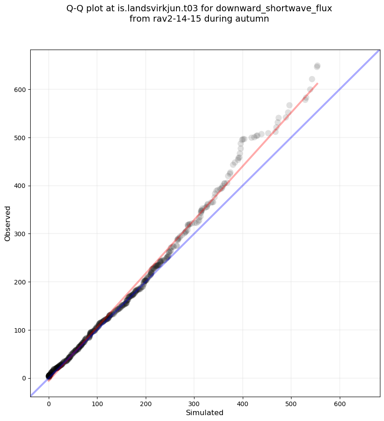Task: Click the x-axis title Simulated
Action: click(204, 412)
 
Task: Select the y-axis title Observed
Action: click(8, 224)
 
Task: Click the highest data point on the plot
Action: click(317, 66)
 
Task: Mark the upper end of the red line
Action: click(317, 83)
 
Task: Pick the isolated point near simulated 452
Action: click(268, 133)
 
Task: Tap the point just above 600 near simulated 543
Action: click(312, 79)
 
